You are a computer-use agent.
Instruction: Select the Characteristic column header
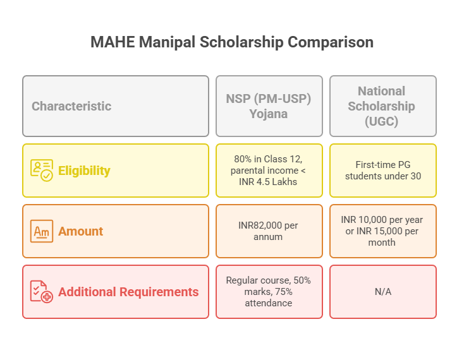71,106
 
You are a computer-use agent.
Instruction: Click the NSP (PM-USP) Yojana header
269,106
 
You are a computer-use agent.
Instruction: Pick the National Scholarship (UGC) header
382,106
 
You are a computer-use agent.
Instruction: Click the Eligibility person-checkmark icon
42,171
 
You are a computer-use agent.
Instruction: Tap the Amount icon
42,231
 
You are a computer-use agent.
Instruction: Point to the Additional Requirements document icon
42,292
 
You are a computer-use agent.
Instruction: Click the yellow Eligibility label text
84,171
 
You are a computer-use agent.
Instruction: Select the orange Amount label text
80,231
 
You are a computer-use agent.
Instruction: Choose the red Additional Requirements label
128,292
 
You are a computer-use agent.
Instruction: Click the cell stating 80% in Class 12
269,171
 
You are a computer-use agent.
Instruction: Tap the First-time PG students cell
382,171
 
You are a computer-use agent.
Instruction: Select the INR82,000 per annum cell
269,231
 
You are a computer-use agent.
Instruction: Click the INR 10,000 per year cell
382,231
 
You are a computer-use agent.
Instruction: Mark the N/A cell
382,292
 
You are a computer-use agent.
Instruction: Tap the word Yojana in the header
269,114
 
